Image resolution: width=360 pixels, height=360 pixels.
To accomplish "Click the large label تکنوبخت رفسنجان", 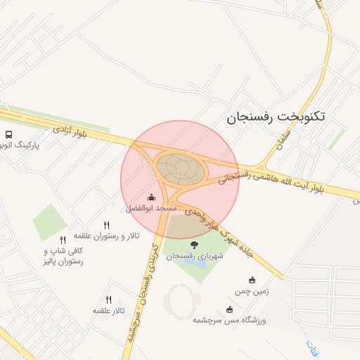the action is [x=276, y=116].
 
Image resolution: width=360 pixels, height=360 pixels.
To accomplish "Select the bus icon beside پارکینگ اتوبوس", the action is [x=8, y=134].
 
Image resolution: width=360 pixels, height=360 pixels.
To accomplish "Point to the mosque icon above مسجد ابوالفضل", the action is [x=152, y=198].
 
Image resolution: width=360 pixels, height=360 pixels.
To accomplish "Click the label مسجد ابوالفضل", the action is [x=152, y=209].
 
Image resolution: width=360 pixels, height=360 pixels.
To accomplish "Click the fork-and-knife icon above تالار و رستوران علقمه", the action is [x=107, y=225].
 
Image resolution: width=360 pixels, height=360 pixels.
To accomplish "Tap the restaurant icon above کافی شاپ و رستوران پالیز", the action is [x=63, y=240].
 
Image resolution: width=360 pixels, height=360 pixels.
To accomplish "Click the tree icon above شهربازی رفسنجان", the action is [x=194, y=245].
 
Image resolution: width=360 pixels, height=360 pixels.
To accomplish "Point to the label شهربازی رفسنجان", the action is [x=194, y=256].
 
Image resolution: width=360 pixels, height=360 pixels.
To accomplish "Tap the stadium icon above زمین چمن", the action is [x=252, y=280].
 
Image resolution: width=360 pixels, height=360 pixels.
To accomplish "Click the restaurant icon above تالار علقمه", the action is [x=108, y=300].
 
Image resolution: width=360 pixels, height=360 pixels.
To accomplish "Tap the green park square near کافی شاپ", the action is [x=50, y=221].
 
